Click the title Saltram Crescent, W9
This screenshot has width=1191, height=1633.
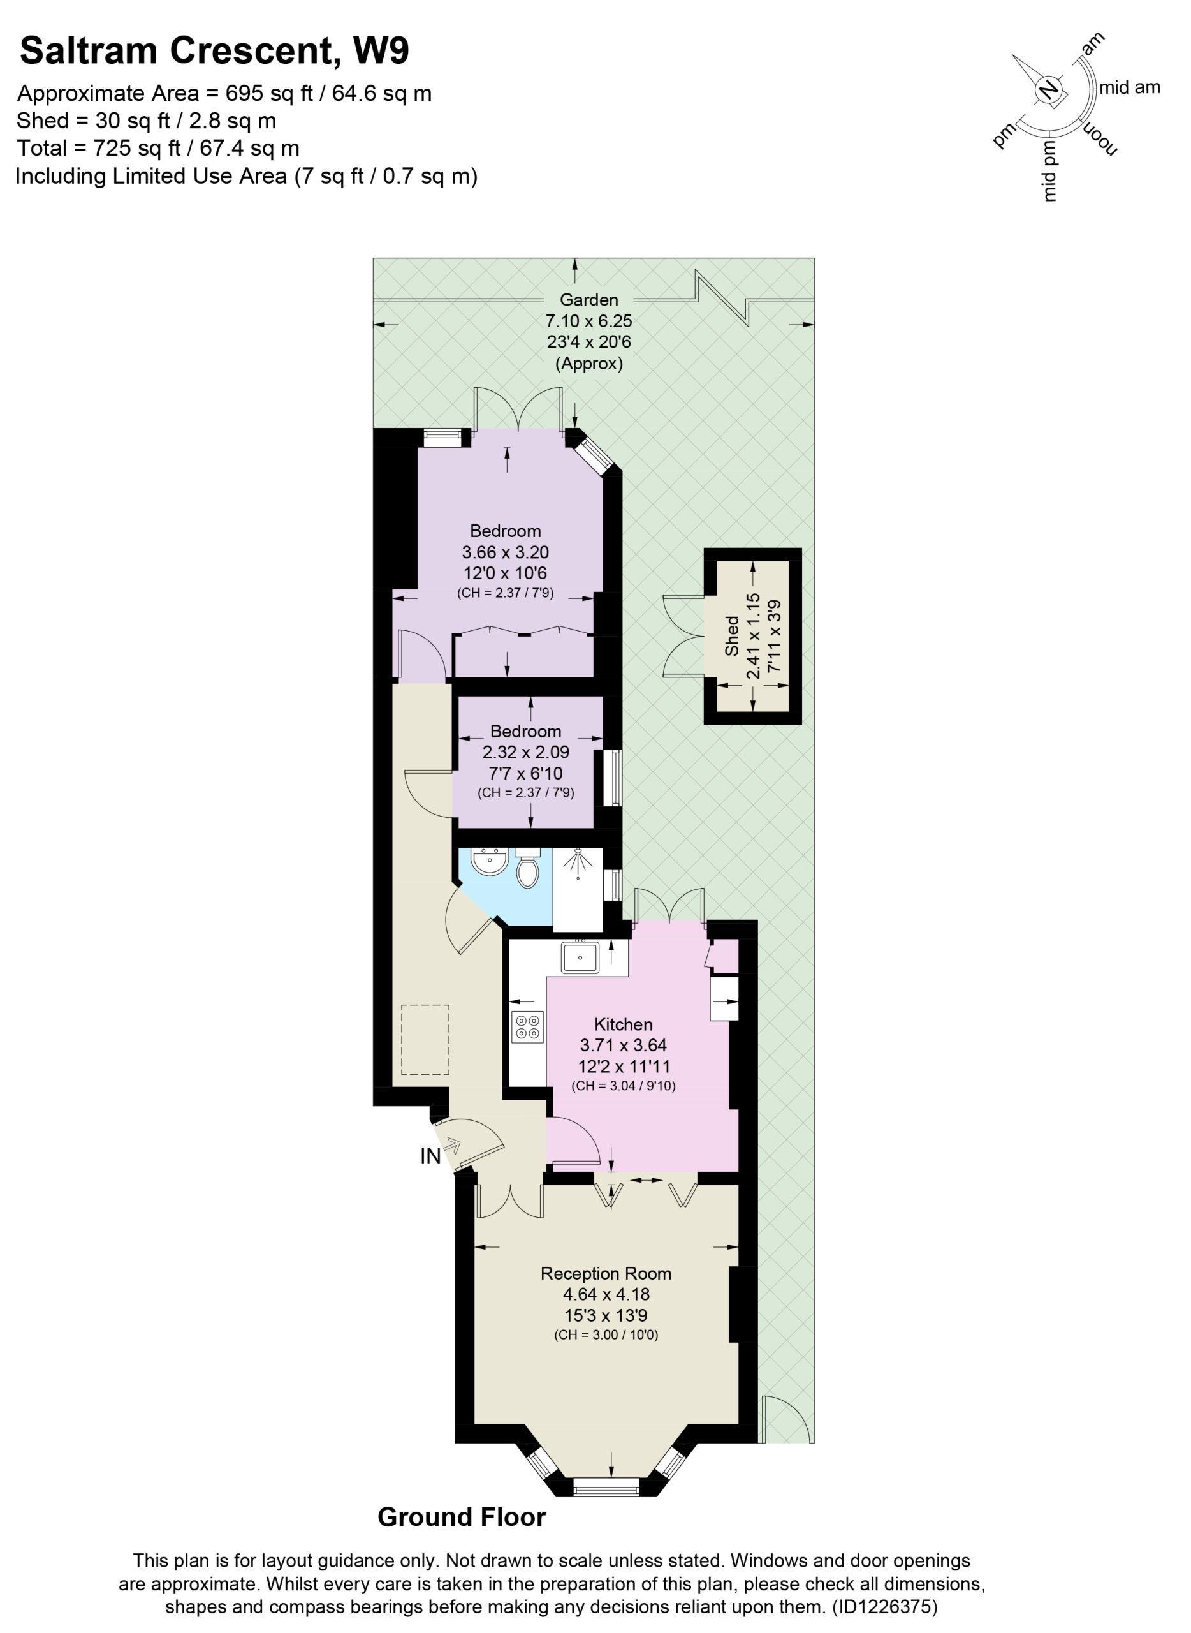point(214,51)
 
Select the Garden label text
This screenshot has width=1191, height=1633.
point(589,299)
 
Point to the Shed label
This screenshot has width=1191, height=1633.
point(732,635)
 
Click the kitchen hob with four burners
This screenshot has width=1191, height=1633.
point(527,1027)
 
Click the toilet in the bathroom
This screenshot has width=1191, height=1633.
point(528,868)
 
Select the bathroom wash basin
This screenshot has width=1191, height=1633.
point(490,861)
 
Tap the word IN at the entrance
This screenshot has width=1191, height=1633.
point(430,1156)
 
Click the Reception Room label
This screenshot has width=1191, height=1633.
point(606,1273)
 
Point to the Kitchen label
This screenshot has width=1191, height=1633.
point(624,1024)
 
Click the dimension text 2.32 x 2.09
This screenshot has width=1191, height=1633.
point(526,751)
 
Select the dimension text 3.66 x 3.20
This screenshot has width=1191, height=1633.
point(506,552)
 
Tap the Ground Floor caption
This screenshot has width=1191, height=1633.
point(462,1517)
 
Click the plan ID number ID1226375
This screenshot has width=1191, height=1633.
point(884,1606)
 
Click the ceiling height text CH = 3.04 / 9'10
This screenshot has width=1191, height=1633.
point(624,1086)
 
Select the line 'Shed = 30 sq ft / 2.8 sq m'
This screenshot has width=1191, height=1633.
point(147,121)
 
